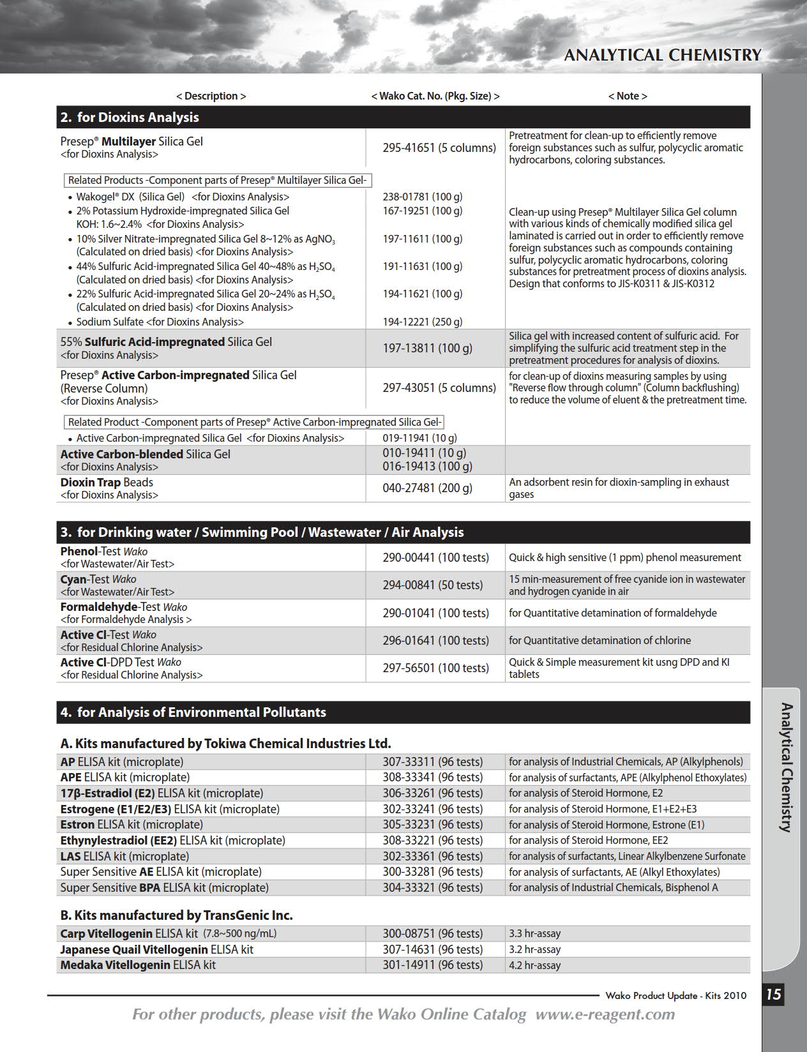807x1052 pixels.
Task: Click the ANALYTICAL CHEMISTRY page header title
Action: click(x=662, y=56)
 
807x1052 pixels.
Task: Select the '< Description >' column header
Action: click(x=211, y=96)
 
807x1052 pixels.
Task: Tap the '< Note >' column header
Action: click(x=627, y=96)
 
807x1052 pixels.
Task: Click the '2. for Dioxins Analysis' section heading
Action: click(x=130, y=117)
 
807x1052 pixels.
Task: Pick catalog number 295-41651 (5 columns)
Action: click(x=439, y=148)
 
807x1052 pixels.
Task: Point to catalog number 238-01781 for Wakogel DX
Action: click(x=422, y=197)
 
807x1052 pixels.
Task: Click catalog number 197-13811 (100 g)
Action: click(x=427, y=349)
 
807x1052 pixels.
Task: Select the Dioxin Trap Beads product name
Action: click(x=107, y=483)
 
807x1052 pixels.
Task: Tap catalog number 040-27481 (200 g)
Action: click(x=427, y=488)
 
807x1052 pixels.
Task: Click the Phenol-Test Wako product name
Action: click(x=103, y=552)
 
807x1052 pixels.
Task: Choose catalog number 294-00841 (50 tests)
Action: click(x=432, y=585)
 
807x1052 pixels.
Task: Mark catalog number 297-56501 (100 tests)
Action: click(x=435, y=668)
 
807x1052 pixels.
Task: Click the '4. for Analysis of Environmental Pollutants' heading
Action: click(x=193, y=712)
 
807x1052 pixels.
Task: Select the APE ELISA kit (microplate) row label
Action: click(x=124, y=778)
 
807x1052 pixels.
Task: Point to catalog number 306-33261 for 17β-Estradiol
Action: click(x=432, y=793)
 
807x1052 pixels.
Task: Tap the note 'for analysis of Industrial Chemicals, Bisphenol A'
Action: click(x=613, y=888)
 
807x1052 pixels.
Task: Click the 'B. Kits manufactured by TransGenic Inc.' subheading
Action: click(x=176, y=915)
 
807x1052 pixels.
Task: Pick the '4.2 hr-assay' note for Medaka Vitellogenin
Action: click(x=534, y=965)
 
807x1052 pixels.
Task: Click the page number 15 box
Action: click(x=773, y=995)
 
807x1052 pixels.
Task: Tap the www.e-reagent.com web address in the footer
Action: click(x=605, y=1014)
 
